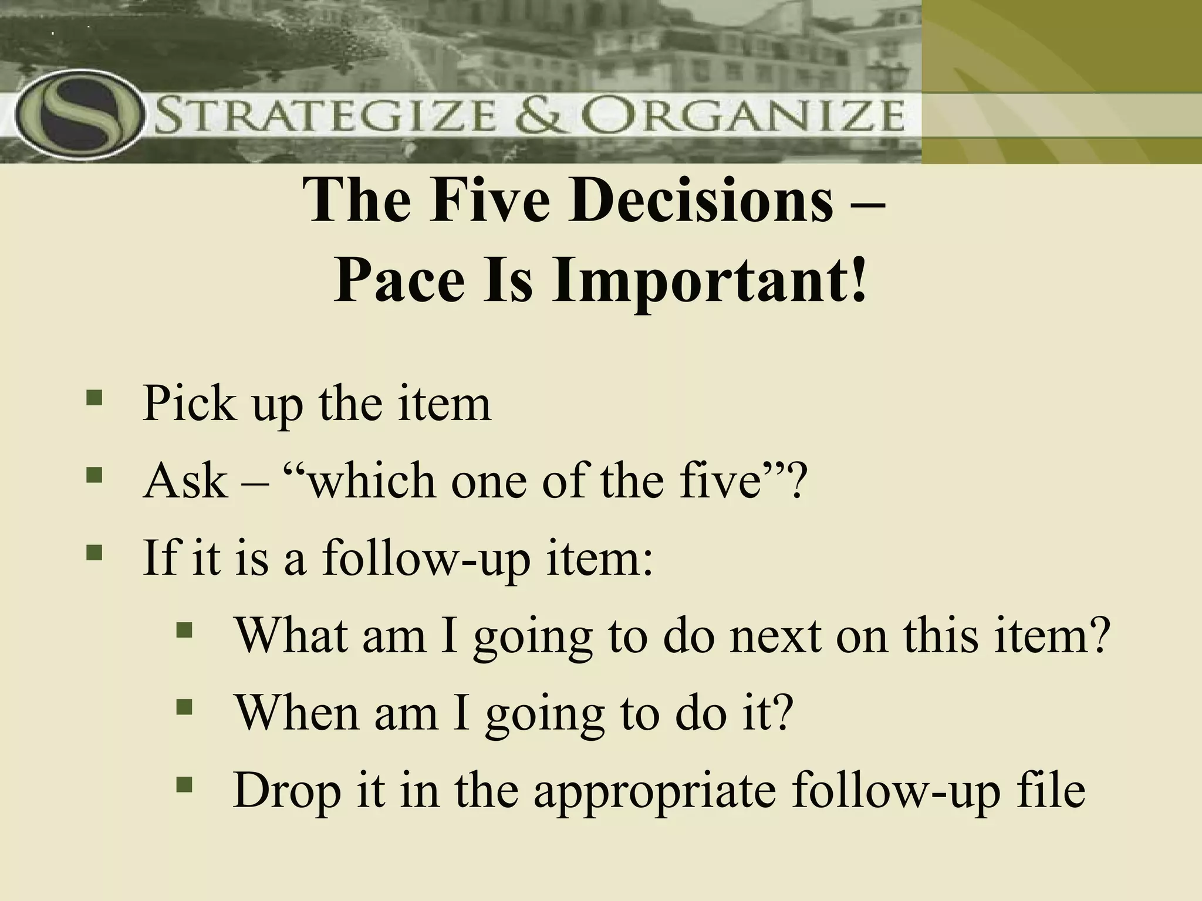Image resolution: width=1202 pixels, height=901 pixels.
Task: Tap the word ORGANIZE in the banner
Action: (745, 117)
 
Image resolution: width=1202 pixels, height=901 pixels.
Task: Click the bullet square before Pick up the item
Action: (94, 399)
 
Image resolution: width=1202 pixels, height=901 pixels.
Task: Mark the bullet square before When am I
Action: (184, 707)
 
